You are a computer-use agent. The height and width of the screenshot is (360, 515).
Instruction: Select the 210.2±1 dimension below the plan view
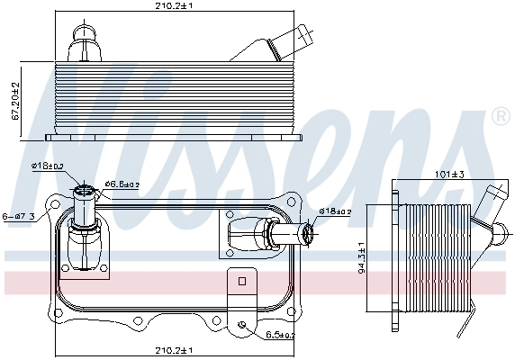[173, 350]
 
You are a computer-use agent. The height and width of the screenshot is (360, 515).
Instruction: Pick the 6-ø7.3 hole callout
[19, 216]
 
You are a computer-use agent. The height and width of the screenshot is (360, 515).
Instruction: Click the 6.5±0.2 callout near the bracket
[280, 335]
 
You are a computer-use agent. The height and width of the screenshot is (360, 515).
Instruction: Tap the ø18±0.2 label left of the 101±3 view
[336, 211]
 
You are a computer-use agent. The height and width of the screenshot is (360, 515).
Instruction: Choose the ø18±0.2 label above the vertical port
[47, 166]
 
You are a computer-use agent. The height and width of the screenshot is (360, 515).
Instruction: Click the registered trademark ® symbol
[500, 117]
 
